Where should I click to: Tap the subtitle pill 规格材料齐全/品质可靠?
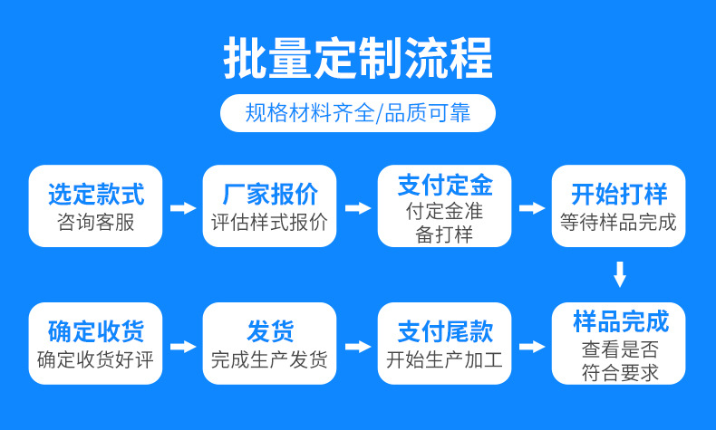358,114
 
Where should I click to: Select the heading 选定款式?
96,193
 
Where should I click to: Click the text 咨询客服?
96,222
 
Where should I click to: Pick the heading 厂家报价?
269,193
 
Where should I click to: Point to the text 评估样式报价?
269,222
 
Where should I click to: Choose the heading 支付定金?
444,186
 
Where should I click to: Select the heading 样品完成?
620,321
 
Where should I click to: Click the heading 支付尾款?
444,331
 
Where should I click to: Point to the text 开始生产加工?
444,359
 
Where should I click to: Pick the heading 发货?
269,331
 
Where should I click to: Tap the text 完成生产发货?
269,359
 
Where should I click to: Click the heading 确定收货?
96,331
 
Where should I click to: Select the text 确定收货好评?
96,359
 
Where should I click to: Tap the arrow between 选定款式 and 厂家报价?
183,208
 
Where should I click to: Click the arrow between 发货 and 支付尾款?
358,347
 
